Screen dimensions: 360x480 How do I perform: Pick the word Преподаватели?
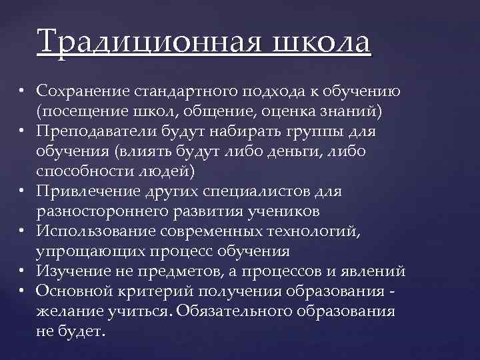pyautogui.click(x=89, y=131)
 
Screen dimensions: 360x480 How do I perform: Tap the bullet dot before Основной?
pyautogui.click(x=22, y=291)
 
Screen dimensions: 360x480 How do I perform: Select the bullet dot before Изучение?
pyautogui.click(x=22, y=271)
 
